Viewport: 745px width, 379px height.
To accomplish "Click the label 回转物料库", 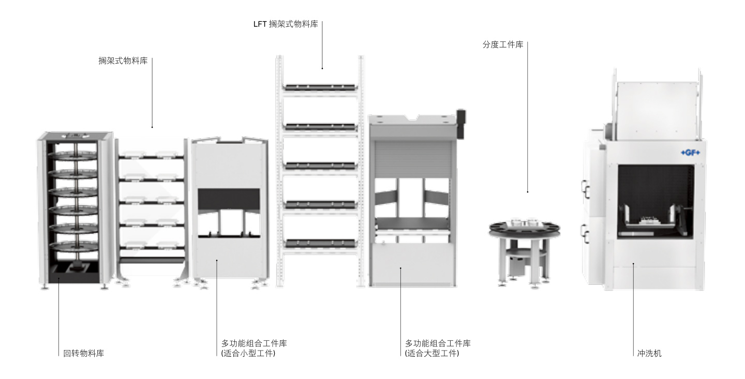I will (x=83, y=354).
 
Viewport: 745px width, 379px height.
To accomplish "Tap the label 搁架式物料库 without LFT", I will (x=123, y=61).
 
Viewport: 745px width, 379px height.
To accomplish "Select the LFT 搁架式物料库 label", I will (x=293, y=24).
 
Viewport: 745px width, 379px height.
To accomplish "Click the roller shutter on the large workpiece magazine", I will (x=412, y=160).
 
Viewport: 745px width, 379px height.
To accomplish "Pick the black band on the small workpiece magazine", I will (x=229, y=197).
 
